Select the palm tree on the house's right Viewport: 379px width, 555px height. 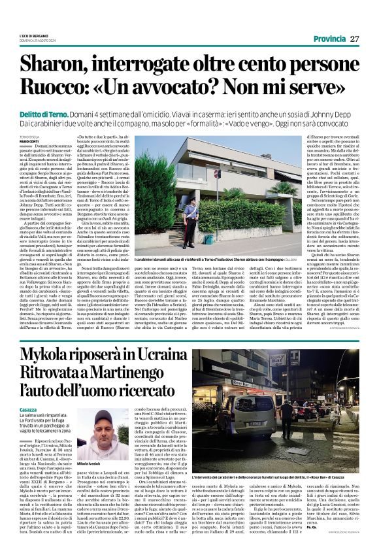click(271, 196)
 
